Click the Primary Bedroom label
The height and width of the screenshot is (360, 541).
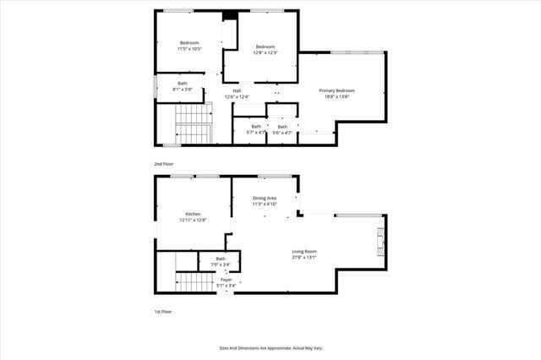coord(336,90)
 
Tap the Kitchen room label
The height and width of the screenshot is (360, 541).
coord(193,214)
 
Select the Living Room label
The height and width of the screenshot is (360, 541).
coord(304,252)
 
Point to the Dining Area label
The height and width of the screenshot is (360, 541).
coord(265,198)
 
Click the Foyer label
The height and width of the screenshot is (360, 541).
coord(226,279)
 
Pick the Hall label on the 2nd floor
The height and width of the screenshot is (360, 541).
coord(238,90)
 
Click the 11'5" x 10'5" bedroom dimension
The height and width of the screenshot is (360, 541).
coord(189,49)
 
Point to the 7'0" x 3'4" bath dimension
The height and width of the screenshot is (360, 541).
coord(221,265)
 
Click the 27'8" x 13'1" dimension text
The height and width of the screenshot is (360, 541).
coord(304,258)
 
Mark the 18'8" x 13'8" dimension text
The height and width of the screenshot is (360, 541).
coord(336,96)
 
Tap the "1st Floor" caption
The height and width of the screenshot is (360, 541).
coord(162,312)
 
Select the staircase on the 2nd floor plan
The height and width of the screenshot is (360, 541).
coord(193,123)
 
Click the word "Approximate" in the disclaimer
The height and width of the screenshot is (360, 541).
coord(279,347)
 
